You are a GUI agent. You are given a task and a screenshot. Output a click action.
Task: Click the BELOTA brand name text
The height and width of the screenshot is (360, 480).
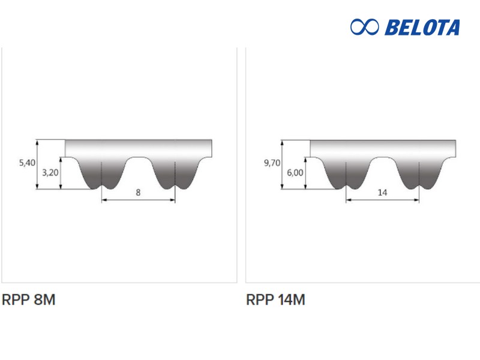click(422, 27)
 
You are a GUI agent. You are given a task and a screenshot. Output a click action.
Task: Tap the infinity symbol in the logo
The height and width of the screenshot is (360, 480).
click(364, 27)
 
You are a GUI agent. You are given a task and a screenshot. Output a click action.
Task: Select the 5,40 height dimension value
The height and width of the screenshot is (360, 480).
click(27, 163)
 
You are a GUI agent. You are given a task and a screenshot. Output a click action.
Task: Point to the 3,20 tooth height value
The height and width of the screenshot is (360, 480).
click(50, 173)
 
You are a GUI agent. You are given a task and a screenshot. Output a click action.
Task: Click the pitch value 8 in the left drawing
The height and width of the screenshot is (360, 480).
click(138, 192)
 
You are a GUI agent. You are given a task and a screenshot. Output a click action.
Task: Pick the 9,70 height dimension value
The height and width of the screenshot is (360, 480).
click(272, 163)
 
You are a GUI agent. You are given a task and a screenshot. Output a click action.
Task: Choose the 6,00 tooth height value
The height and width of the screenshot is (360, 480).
click(295, 173)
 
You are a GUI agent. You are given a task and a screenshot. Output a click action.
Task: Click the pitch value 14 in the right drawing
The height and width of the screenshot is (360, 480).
click(382, 192)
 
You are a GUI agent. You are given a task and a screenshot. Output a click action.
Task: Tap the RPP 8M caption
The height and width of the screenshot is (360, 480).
click(28, 299)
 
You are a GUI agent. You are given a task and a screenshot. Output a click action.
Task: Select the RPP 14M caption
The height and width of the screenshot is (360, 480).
click(275, 299)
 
